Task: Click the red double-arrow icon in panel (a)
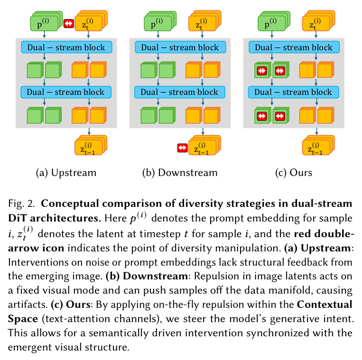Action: point(69,23)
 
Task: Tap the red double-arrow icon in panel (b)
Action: point(182,148)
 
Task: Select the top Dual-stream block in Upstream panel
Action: point(67,47)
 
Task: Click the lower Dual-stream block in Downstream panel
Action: point(180,92)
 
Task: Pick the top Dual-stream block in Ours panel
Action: point(294,47)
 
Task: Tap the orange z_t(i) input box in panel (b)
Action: point(205,21)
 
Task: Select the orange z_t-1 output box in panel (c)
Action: point(319,146)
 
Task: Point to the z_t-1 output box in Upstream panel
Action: point(91,146)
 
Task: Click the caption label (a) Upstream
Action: point(66,173)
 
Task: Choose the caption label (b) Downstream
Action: point(180,173)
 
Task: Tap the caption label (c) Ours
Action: point(294,173)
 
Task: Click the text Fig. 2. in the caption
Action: point(21,204)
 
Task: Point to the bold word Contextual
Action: point(325,305)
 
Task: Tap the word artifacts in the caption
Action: point(28,305)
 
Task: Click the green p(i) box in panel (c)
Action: point(274,21)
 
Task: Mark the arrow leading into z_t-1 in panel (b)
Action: point(203,131)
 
